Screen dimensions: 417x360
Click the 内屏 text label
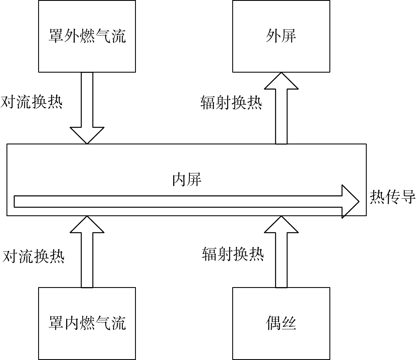click(187, 179)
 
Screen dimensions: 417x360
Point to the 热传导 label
click(392, 197)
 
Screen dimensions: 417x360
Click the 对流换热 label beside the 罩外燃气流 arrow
click(31, 102)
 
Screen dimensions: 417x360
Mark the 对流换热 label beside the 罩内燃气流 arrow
click(33, 257)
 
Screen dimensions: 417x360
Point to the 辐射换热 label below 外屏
click(231, 103)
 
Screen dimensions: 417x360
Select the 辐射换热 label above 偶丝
click(233, 254)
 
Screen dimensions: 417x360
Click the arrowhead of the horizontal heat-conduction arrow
click(350, 201)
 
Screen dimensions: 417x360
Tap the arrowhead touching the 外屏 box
click(281, 81)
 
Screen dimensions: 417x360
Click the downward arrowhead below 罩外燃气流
click(87, 136)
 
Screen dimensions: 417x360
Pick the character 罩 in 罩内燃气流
click(56, 323)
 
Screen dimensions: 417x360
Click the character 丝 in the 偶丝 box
click(289, 323)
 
